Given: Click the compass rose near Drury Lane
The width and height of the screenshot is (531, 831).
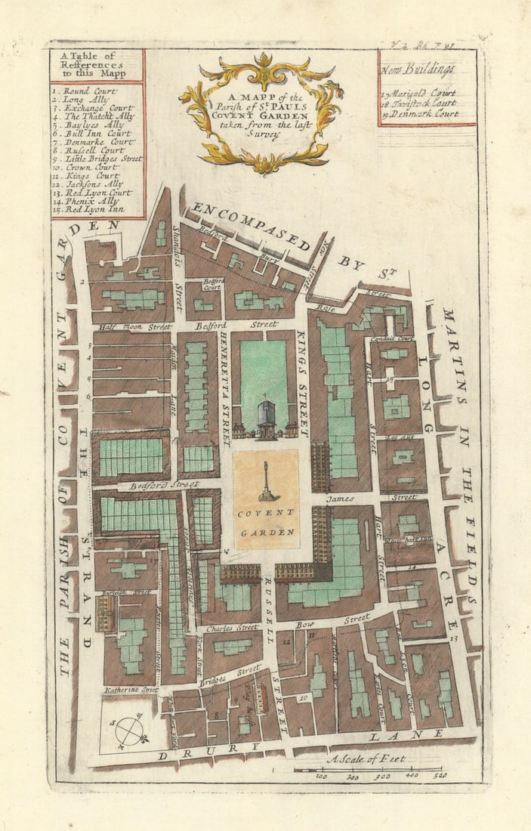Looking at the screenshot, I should pos(129,731).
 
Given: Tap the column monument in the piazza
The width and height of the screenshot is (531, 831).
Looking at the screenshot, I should pos(266,480).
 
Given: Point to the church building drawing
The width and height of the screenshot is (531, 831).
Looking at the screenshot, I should pos(266,420).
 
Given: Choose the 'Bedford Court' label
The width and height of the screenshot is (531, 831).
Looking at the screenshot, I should pos(212,284).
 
